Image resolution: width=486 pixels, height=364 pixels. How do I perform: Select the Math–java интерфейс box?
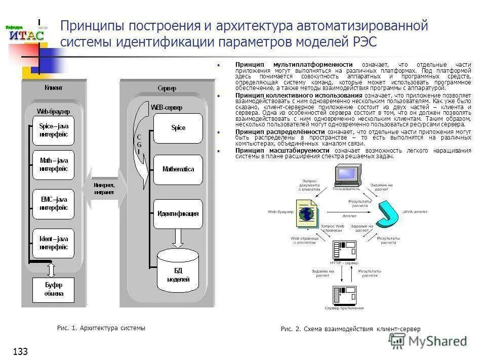tap(54, 165)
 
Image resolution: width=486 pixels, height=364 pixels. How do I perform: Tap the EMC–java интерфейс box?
tap(54, 204)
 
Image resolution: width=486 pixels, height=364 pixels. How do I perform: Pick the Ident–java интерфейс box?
tap(54, 243)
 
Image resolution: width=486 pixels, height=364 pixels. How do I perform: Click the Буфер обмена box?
tap(54, 289)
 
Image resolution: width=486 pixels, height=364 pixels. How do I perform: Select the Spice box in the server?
tap(178, 128)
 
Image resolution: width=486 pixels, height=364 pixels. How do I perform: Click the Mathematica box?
tap(178, 169)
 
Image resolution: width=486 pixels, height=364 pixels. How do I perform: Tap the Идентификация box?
tap(178, 213)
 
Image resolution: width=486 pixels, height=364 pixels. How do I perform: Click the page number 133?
tap(20, 351)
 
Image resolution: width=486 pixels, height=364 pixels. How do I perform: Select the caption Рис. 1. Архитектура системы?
tap(101, 328)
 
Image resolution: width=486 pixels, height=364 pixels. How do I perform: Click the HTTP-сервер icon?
tap(344, 250)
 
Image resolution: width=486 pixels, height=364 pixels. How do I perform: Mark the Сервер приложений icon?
tap(344, 296)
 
